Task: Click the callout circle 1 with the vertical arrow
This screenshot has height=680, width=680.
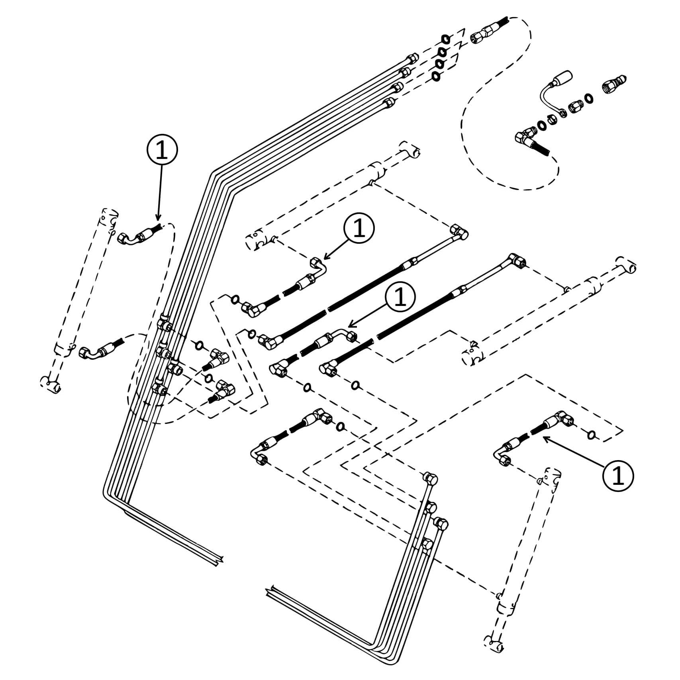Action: (162, 151)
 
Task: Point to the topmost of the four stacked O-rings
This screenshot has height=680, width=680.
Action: (445, 39)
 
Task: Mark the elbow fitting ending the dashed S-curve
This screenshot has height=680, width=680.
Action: (526, 138)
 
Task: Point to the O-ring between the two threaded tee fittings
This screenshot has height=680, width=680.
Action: (208, 378)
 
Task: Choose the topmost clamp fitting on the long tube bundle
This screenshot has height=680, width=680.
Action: (164, 322)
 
